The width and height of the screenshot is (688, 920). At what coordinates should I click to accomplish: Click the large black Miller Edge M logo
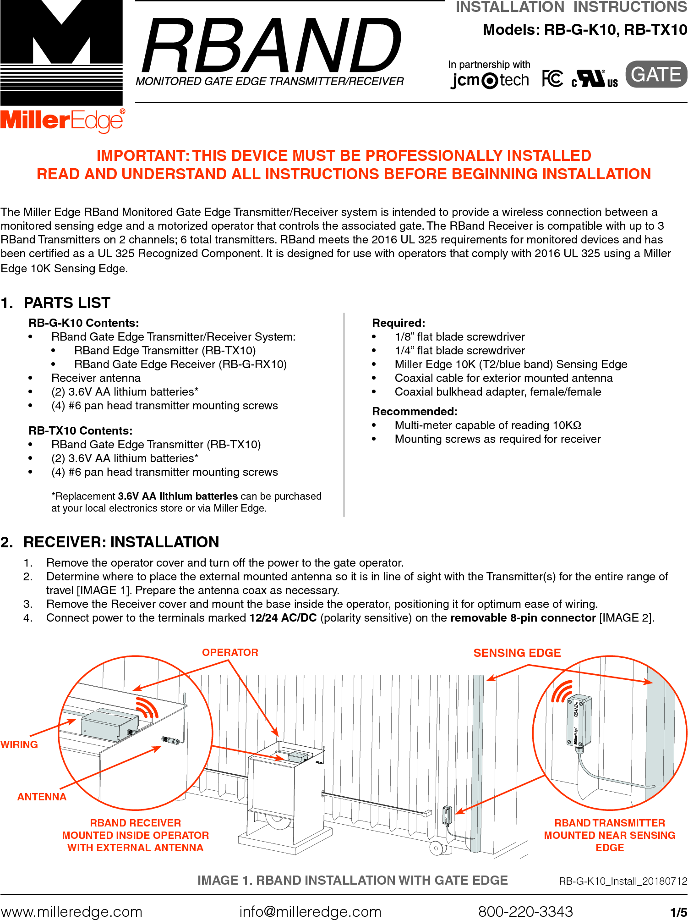[61, 53]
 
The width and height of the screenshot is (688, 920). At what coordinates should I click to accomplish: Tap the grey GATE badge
[656, 74]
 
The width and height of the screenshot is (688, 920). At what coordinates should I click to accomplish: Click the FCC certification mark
[552, 79]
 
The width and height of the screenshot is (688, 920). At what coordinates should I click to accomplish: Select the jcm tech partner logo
[490, 80]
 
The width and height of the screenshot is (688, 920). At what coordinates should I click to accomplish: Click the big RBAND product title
[271, 46]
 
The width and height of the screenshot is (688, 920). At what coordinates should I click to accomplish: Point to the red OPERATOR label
[230, 652]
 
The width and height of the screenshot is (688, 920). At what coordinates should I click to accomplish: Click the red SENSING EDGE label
[517, 653]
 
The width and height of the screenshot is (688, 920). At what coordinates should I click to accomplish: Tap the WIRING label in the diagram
[19, 744]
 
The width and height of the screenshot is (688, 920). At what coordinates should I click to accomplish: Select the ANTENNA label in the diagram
[42, 797]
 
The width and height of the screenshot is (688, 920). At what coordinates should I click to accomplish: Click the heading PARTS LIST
[67, 303]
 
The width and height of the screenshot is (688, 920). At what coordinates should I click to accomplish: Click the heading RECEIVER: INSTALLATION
[121, 542]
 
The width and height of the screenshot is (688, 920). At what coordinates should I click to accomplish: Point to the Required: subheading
[399, 323]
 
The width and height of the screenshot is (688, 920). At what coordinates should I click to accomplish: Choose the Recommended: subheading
[415, 411]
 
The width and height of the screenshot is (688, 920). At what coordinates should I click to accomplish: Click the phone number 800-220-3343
[525, 911]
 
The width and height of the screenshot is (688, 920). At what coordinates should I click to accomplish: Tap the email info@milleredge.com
[310, 911]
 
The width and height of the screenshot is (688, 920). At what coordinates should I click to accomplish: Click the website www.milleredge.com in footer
[71, 911]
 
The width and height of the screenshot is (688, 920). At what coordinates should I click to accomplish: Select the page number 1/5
[678, 912]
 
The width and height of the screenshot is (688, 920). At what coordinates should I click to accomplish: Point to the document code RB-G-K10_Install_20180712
[623, 881]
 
